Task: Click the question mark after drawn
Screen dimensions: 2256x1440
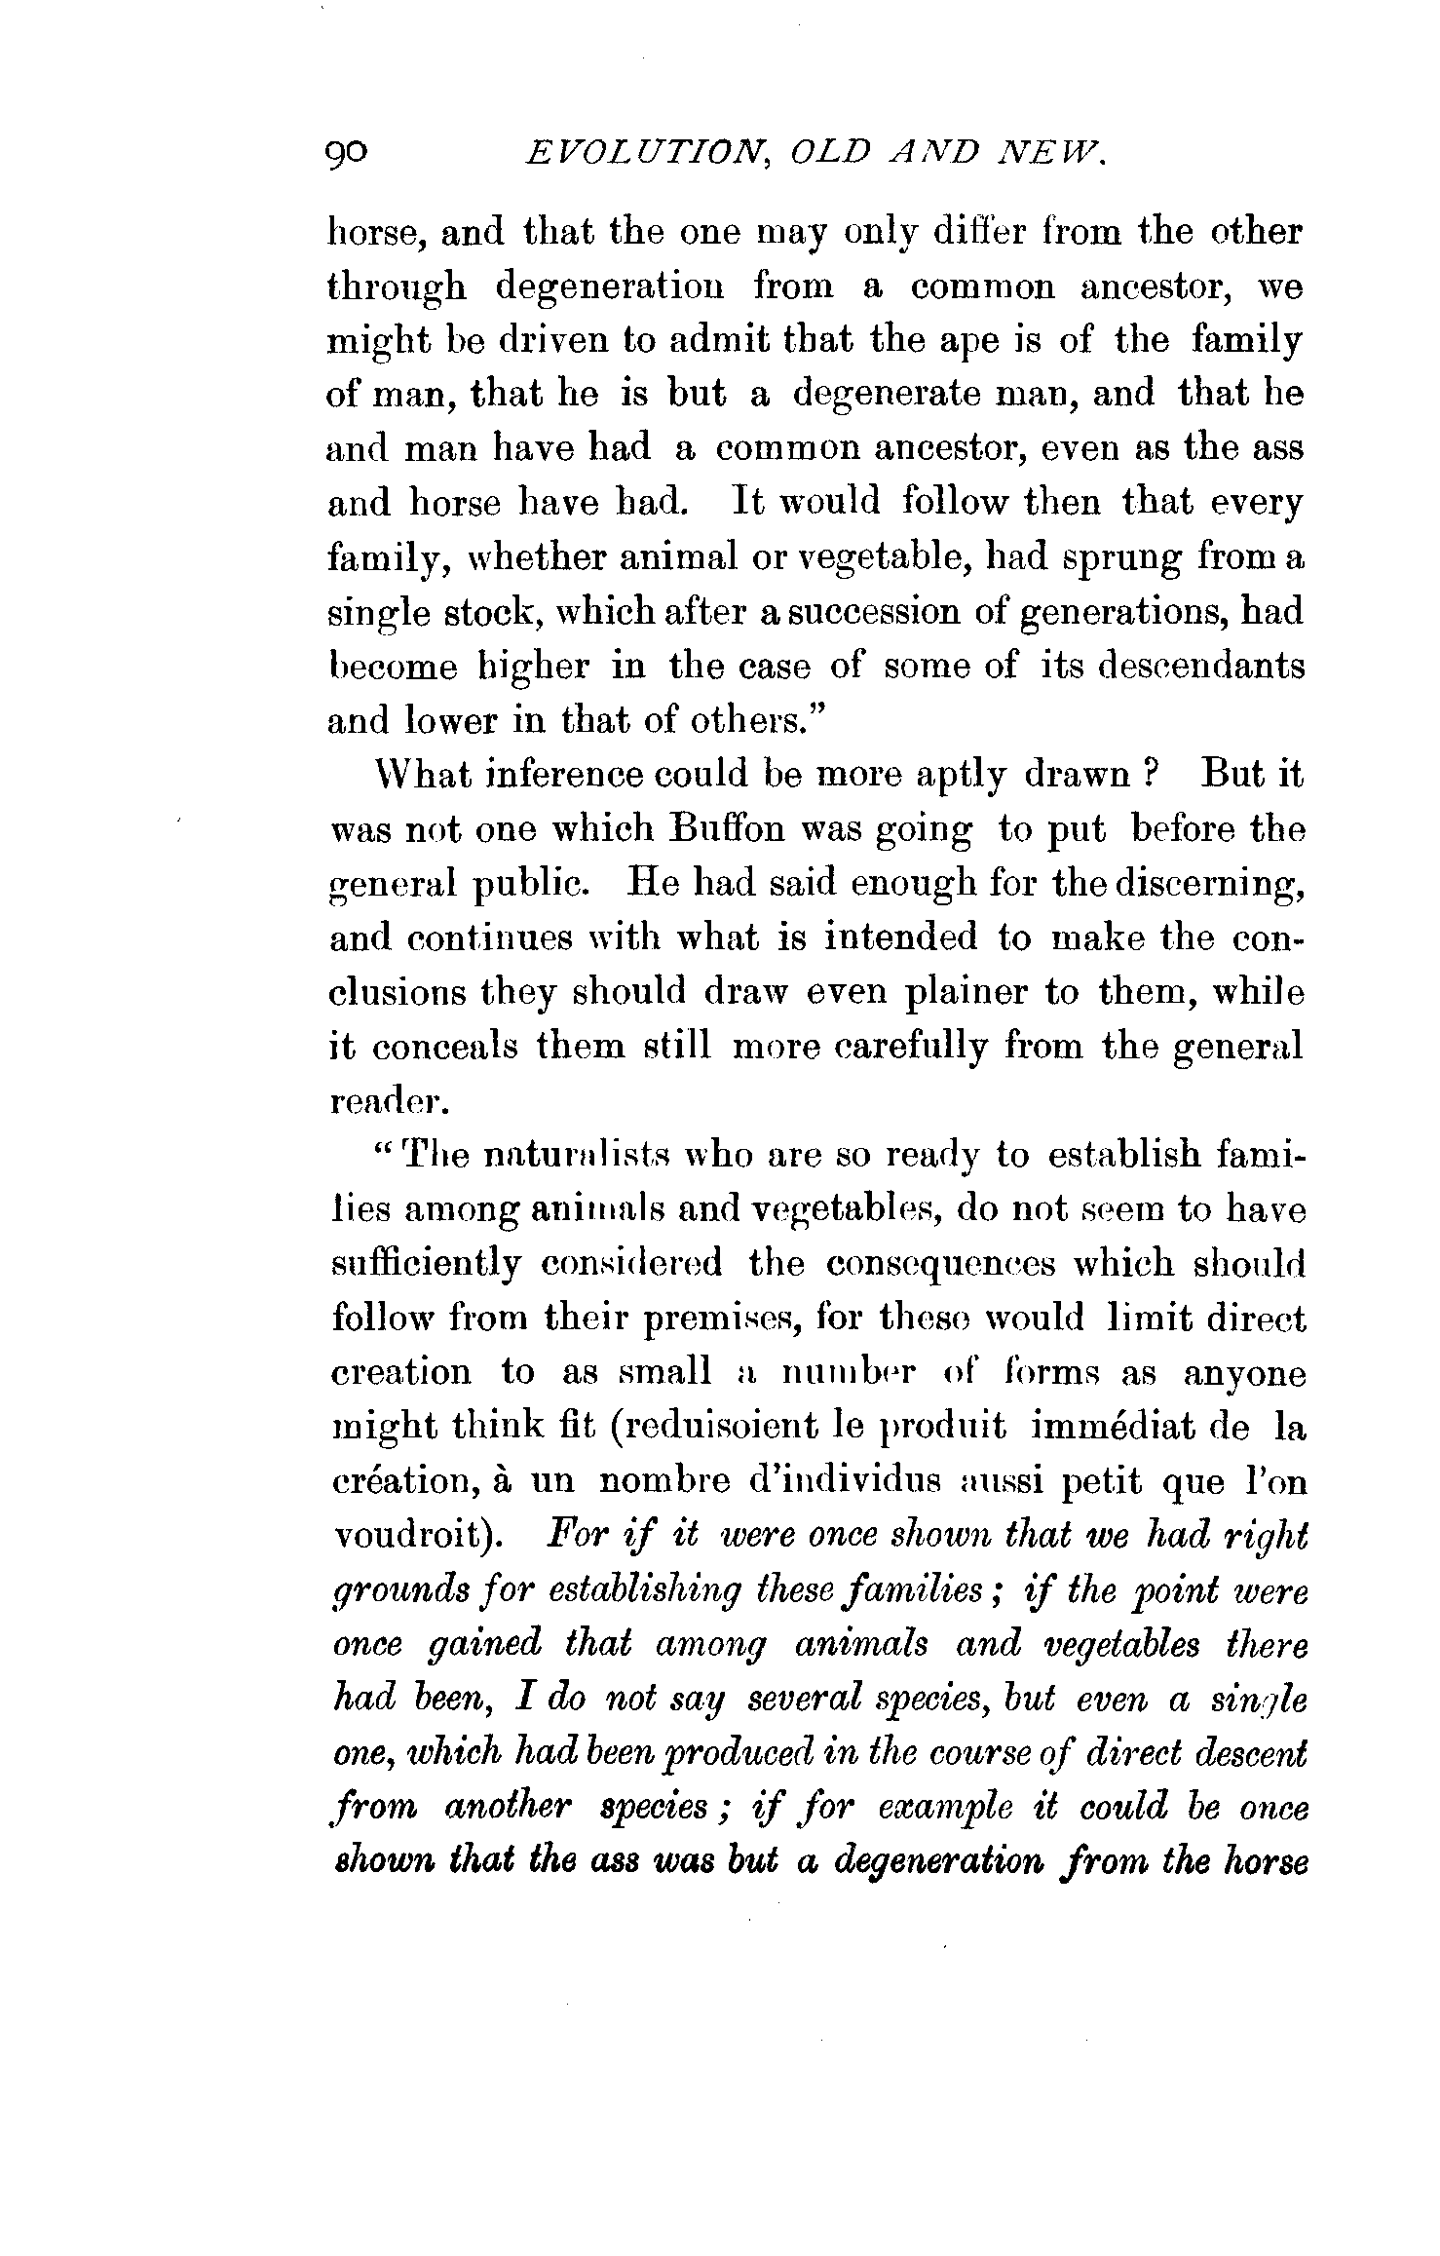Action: pyautogui.click(x=1149, y=775)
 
